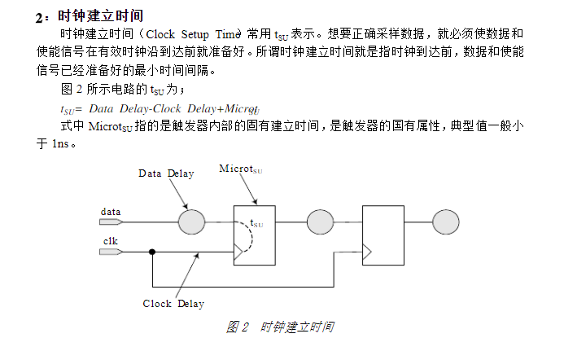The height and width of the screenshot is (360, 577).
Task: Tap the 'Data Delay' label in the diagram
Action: [166, 173]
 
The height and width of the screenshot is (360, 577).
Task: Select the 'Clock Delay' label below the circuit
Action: [173, 304]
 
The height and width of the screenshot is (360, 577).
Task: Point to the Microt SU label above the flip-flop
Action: [240, 169]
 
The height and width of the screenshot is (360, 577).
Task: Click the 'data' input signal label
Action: [111, 212]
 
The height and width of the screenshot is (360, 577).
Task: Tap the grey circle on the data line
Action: [191, 221]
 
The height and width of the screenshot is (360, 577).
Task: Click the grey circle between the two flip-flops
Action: [318, 221]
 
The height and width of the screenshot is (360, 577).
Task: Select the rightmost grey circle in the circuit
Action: [445, 221]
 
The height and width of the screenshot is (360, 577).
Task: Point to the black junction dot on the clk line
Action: [152, 252]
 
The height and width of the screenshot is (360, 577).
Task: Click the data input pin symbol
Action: [111, 222]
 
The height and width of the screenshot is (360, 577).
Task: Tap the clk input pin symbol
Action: [111, 252]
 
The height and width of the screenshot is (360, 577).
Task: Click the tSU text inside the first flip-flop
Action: [256, 222]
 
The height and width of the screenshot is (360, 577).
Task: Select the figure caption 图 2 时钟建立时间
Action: [280, 327]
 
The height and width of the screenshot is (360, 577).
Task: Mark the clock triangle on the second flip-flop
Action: [367, 252]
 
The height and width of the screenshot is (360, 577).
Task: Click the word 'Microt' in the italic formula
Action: [242, 108]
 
